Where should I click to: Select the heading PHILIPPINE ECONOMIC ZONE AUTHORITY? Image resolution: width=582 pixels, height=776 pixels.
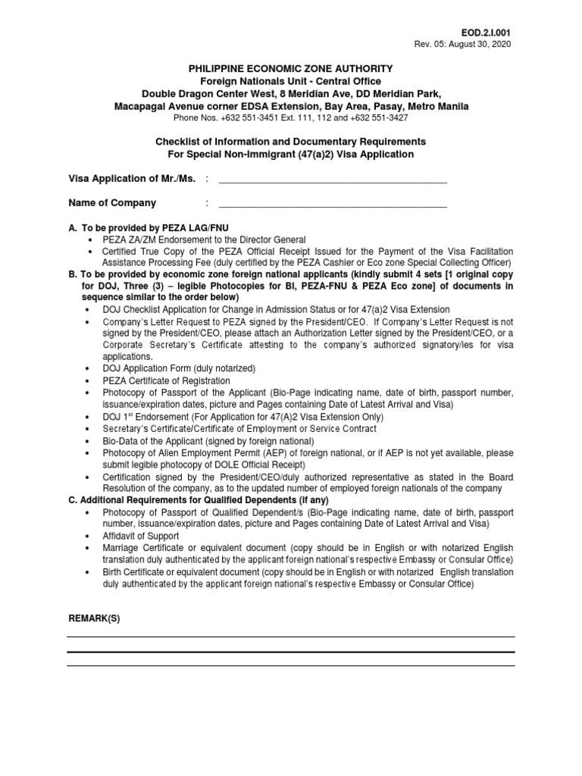coord(291,69)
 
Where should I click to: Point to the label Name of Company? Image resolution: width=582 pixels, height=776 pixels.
coord(112,203)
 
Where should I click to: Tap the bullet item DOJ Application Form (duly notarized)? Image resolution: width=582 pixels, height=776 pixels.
coord(180,368)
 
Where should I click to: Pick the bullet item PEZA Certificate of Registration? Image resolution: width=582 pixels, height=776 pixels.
coord(167,380)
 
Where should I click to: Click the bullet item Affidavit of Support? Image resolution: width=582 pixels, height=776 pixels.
coord(140,536)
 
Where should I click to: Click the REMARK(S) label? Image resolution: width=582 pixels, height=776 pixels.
coord(94,618)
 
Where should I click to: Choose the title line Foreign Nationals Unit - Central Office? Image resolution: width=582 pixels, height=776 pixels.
coord(291,81)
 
